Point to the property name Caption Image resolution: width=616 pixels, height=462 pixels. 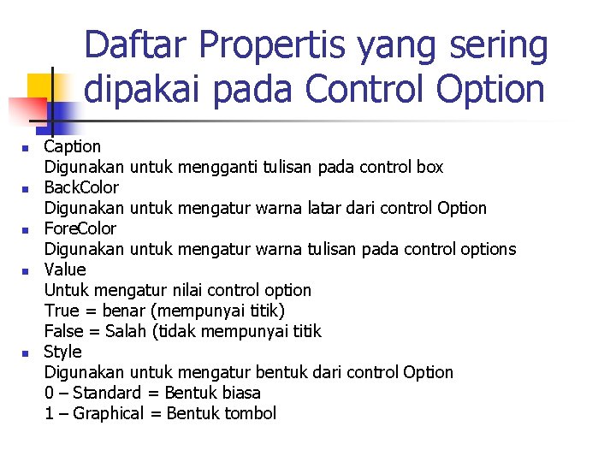(x=73, y=147)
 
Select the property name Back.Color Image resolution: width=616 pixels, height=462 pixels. (x=81, y=187)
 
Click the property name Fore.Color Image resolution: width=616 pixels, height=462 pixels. (x=80, y=228)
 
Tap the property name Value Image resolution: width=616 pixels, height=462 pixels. (x=65, y=269)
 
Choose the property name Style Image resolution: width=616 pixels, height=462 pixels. (x=62, y=352)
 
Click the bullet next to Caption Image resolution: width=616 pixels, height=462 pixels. (x=26, y=149)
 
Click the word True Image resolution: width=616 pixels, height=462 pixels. (x=60, y=311)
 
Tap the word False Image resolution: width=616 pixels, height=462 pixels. (x=62, y=331)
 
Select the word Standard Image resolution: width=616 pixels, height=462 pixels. (x=106, y=393)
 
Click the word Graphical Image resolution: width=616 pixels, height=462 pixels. (x=108, y=413)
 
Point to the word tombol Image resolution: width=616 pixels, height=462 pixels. (x=249, y=413)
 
